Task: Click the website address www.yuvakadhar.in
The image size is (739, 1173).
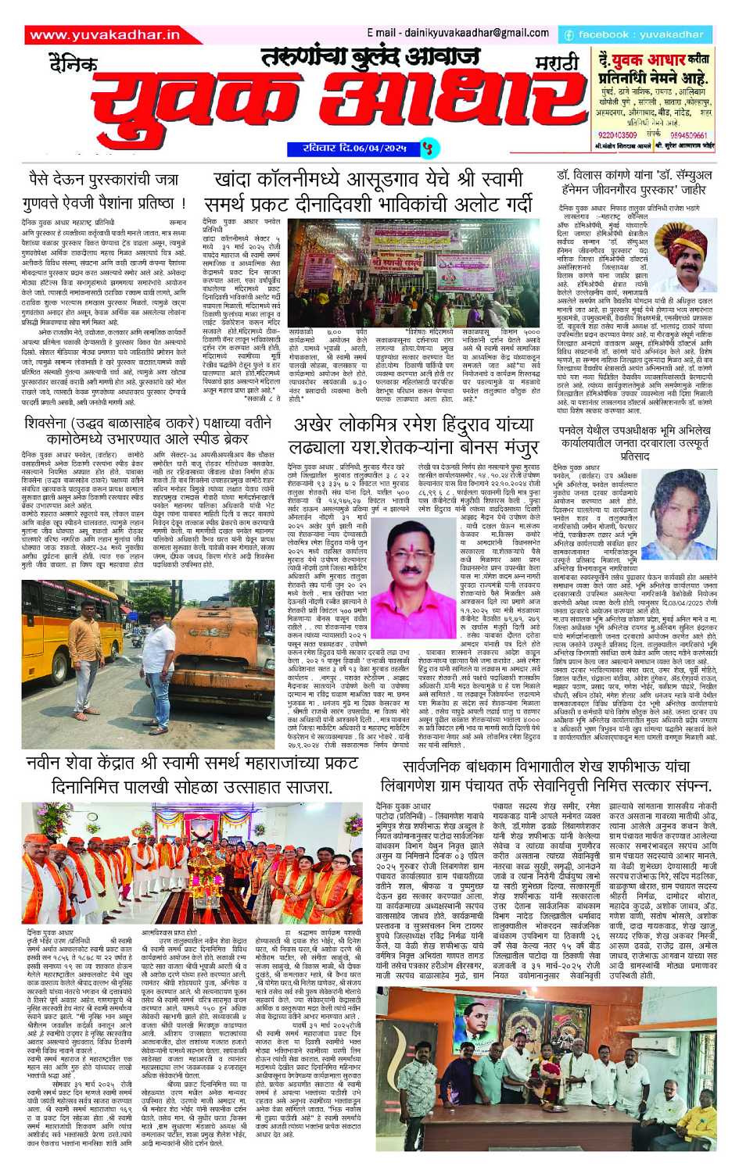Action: click(x=105, y=35)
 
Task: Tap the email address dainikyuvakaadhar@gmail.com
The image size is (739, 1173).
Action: click(x=457, y=33)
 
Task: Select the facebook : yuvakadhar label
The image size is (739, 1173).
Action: click(x=634, y=35)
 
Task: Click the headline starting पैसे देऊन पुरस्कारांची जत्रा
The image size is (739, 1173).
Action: click(x=104, y=191)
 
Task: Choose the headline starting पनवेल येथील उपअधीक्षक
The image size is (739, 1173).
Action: click(x=634, y=442)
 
